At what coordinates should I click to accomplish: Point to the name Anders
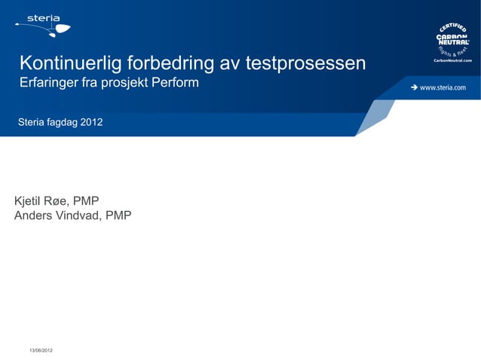pyautogui.click(x=34, y=216)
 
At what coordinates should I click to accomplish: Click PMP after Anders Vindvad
pyautogui.click(x=118, y=216)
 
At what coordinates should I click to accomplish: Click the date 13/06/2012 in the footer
pyautogui.click(x=41, y=352)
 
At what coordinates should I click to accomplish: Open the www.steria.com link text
pyautogui.click(x=443, y=87)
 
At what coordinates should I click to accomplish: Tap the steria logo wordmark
pyautogui.click(x=44, y=17)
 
